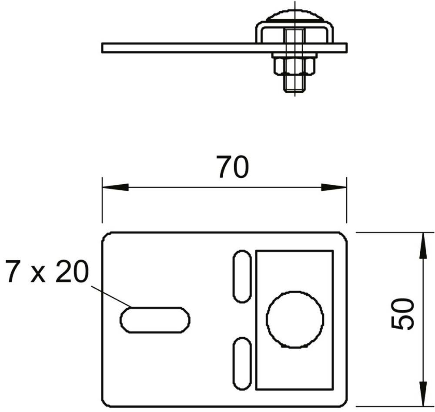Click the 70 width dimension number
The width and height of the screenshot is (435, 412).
[x=232, y=167]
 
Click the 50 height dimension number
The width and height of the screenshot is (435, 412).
[x=402, y=314]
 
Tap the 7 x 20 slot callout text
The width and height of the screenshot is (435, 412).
[x=47, y=272]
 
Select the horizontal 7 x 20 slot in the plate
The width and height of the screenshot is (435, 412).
[x=155, y=320]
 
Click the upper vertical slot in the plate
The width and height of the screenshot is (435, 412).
[x=242, y=276]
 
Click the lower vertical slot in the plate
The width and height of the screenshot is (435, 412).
[x=242, y=363]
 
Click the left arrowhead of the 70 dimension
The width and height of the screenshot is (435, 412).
[x=115, y=187]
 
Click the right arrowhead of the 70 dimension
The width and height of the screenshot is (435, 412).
[x=334, y=187]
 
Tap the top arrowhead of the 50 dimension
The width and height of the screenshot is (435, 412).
[x=422, y=246]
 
